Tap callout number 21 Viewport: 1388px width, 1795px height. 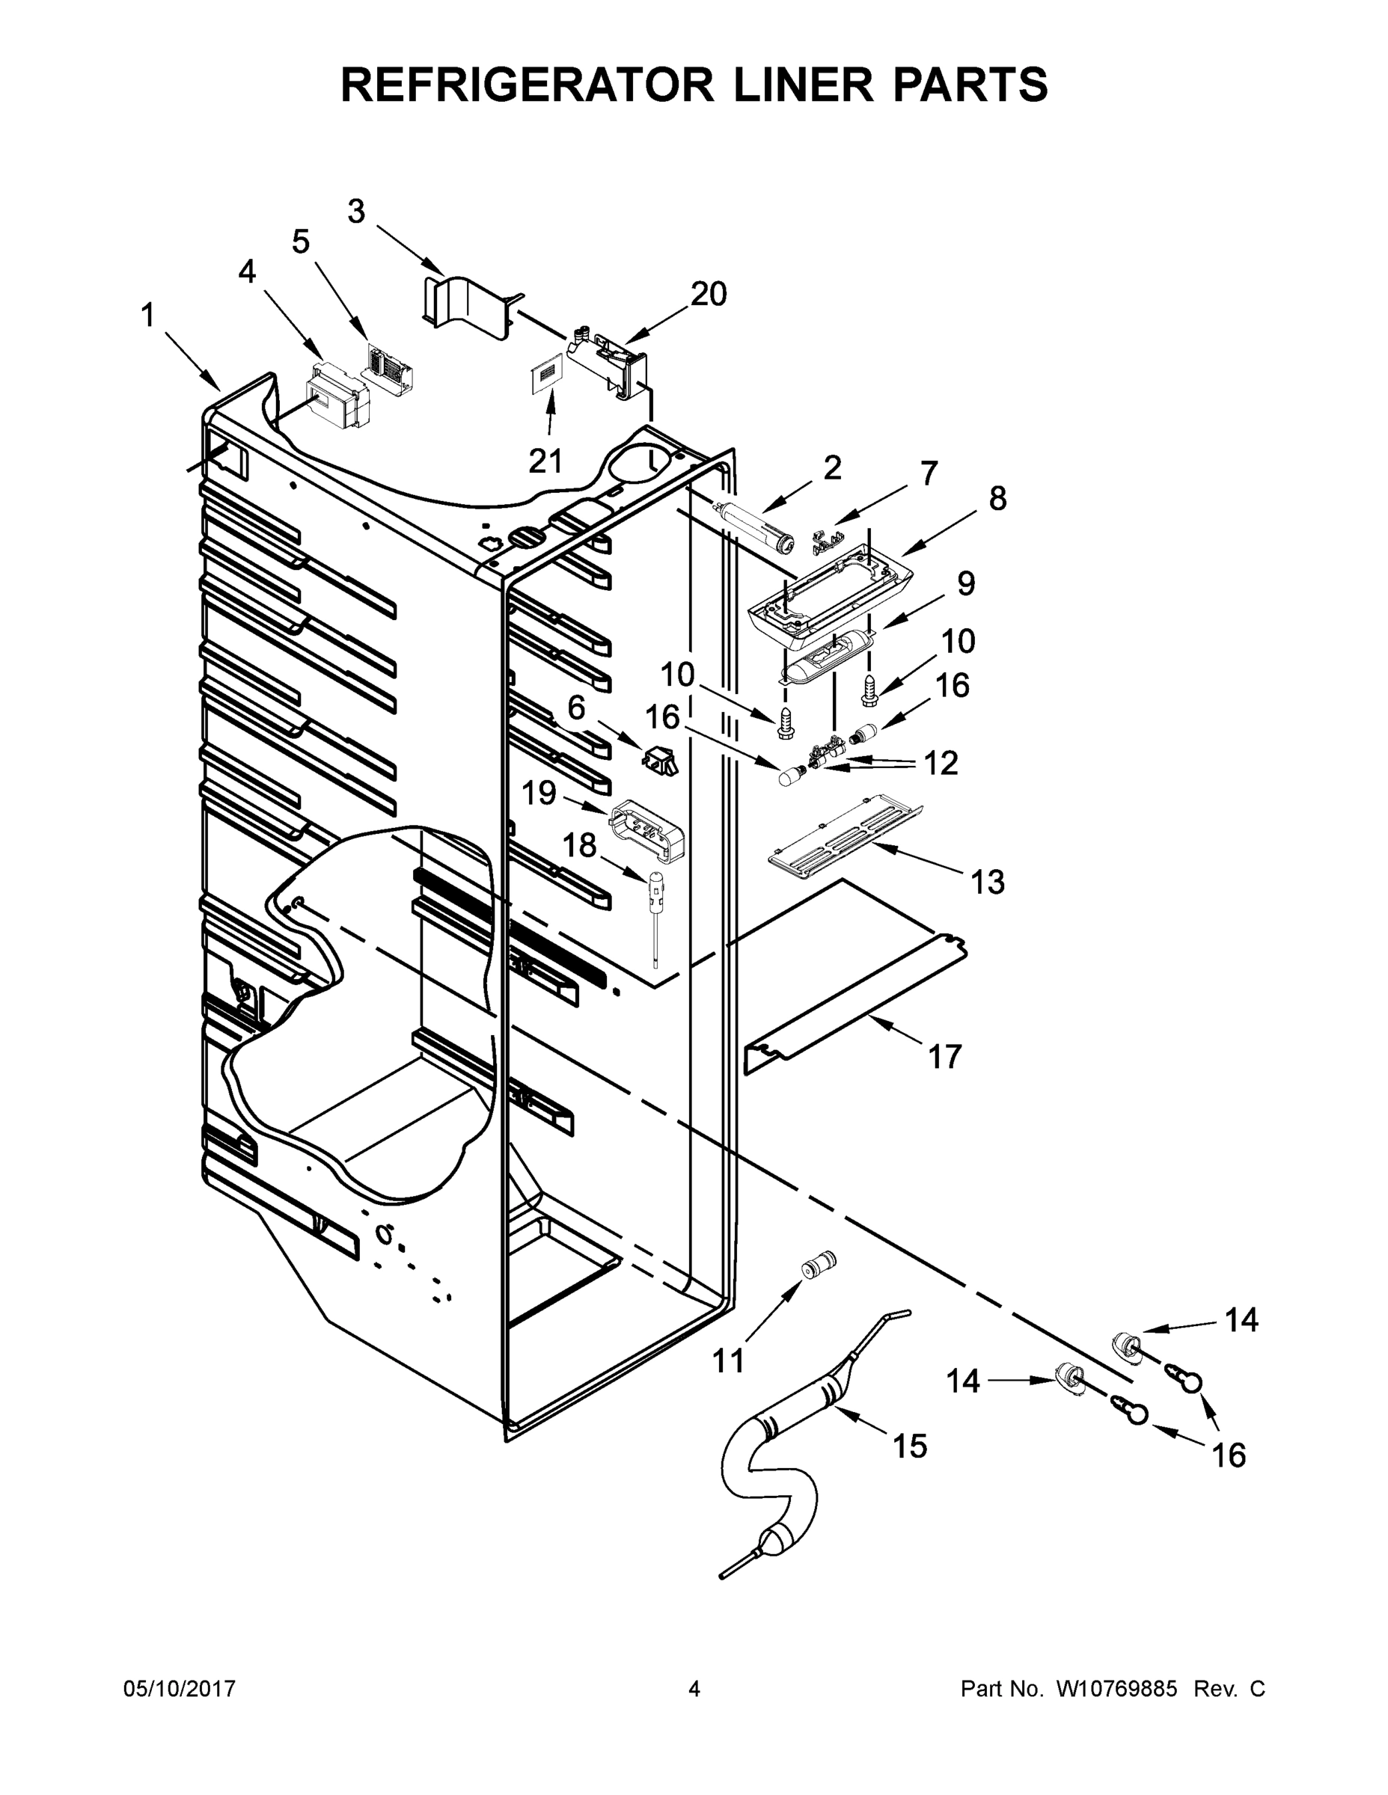pyautogui.click(x=545, y=462)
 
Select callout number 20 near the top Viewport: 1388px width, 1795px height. pyautogui.click(x=708, y=294)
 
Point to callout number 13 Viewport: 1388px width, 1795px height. pyautogui.click(x=988, y=882)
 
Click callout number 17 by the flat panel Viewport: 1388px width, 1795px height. pyautogui.click(x=945, y=1056)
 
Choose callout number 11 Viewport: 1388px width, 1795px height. pyautogui.click(x=729, y=1361)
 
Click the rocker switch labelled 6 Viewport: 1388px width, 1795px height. pyautogui.click(x=661, y=758)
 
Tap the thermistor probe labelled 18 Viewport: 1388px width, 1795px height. pyautogui.click(x=658, y=908)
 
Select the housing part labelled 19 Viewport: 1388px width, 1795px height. pyautogui.click(x=649, y=831)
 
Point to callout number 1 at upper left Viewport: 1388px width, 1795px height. pyautogui.click(x=148, y=316)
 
